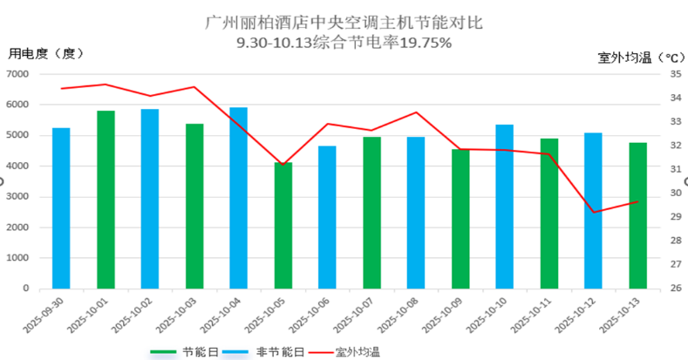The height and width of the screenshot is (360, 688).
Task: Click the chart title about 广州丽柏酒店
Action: [x=344, y=19]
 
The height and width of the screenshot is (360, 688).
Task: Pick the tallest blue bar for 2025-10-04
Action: [x=238, y=197]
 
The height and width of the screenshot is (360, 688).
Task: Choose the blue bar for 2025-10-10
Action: [x=505, y=206]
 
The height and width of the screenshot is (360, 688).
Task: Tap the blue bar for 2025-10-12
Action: [x=593, y=210]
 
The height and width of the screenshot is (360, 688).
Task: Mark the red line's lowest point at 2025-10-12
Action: [x=593, y=212]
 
